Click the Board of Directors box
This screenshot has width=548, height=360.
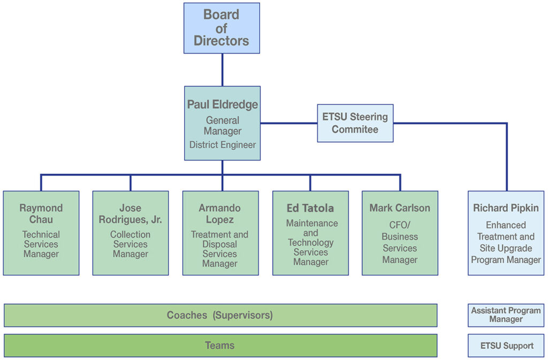pos(222,28)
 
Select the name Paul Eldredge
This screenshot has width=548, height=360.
pos(222,105)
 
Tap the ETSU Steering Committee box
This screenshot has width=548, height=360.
pos(355,123)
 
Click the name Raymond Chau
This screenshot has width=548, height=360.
pos(41,213)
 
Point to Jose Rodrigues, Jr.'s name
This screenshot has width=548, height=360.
pos(130,213)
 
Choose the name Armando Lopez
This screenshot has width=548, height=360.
pos(219,213)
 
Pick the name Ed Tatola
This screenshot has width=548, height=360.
pos(310,208)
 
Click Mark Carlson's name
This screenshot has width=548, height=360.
pos(400,208)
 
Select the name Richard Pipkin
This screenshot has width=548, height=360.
pos(506,208)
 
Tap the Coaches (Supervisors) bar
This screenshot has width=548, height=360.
pos(220,315)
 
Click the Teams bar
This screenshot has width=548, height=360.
pos(220,346)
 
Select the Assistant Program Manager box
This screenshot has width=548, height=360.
pos(506,315)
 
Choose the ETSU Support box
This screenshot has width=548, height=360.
pos(506,346)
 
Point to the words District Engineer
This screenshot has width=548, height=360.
pos(222,145)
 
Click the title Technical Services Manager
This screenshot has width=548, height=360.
pos(41,244)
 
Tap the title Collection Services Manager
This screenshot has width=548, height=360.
pos(130,244)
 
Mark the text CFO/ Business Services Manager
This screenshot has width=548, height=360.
pos(400,242)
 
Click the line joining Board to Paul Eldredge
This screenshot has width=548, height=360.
pos(222,70)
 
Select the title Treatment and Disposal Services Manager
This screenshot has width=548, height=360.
pos(219,249)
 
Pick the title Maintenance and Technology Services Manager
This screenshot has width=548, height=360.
pos(310,242)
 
